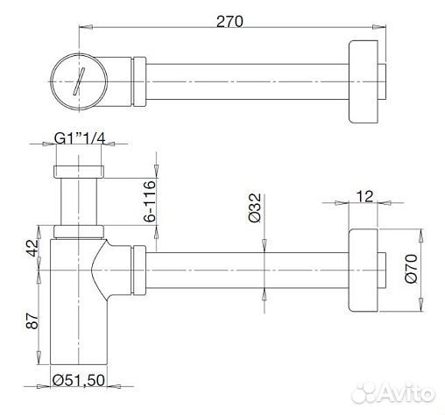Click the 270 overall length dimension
(x=230, y=21)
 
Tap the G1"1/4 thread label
(x=80, y=138)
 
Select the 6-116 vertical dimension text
(x=151, y=201)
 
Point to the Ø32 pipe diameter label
(x=256, y=207)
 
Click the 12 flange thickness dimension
(x=365, y=197)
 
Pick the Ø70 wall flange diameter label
(x=412, y=269)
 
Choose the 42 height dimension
(x=32, y=248)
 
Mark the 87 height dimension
(x=32, y=321)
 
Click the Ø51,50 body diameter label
(x=79, y=380)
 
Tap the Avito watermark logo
(x=393, y=393)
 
